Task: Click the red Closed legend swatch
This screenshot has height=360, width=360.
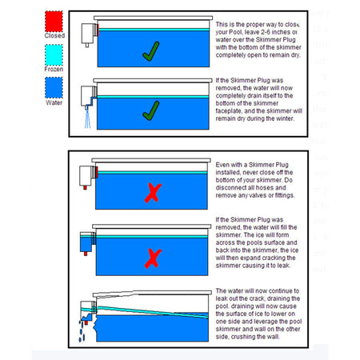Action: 33,21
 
